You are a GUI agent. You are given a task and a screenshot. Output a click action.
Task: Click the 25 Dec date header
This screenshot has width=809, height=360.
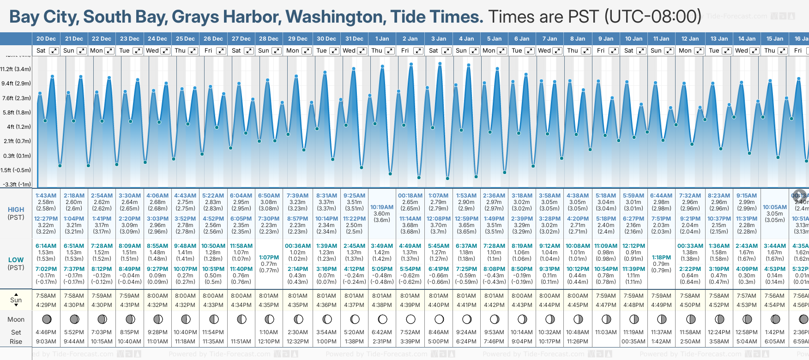coord(185,39)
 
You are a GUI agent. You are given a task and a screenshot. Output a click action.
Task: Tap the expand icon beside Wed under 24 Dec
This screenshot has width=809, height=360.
coord(165,51)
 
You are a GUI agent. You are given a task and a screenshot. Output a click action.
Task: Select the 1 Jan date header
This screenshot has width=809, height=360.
coord(382,39)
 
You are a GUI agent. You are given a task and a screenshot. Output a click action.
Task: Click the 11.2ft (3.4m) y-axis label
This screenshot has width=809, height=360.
coord(16,69)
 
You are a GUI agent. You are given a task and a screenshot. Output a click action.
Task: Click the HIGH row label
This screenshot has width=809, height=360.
coord(16,210)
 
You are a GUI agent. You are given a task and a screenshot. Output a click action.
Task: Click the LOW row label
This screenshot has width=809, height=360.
coord(16,260)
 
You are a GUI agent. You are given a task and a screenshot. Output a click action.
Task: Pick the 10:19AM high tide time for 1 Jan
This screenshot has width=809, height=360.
coord(382,207)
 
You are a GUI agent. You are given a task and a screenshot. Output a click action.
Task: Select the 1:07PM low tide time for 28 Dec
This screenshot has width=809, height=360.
coord(269,258)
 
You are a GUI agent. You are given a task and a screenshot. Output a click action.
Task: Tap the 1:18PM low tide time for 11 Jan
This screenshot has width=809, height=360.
coord(661,258)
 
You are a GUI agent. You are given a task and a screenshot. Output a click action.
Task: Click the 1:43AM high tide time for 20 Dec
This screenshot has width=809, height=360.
coord(46,196)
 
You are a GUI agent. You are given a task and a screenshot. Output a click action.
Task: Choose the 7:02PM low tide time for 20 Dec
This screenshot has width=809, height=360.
coord(46,269)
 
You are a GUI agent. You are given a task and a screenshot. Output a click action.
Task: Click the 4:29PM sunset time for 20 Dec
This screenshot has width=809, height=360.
coord(46,305)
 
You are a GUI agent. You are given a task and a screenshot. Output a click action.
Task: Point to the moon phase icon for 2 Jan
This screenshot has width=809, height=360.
coord(411,319)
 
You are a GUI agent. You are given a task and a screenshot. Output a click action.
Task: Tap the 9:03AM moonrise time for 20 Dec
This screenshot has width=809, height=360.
coord(46,342)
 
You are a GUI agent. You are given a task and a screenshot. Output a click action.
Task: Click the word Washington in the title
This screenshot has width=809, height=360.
coord(336,17)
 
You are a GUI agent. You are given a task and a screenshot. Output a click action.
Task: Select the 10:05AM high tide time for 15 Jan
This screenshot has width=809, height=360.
coord(774,207)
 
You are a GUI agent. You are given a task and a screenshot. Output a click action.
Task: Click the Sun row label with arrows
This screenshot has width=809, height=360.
coord(16,300)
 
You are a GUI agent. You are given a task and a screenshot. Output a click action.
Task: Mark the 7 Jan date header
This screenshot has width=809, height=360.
coord(549,39)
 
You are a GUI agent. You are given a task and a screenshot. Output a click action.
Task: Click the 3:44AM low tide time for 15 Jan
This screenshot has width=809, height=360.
coord(774,246)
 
